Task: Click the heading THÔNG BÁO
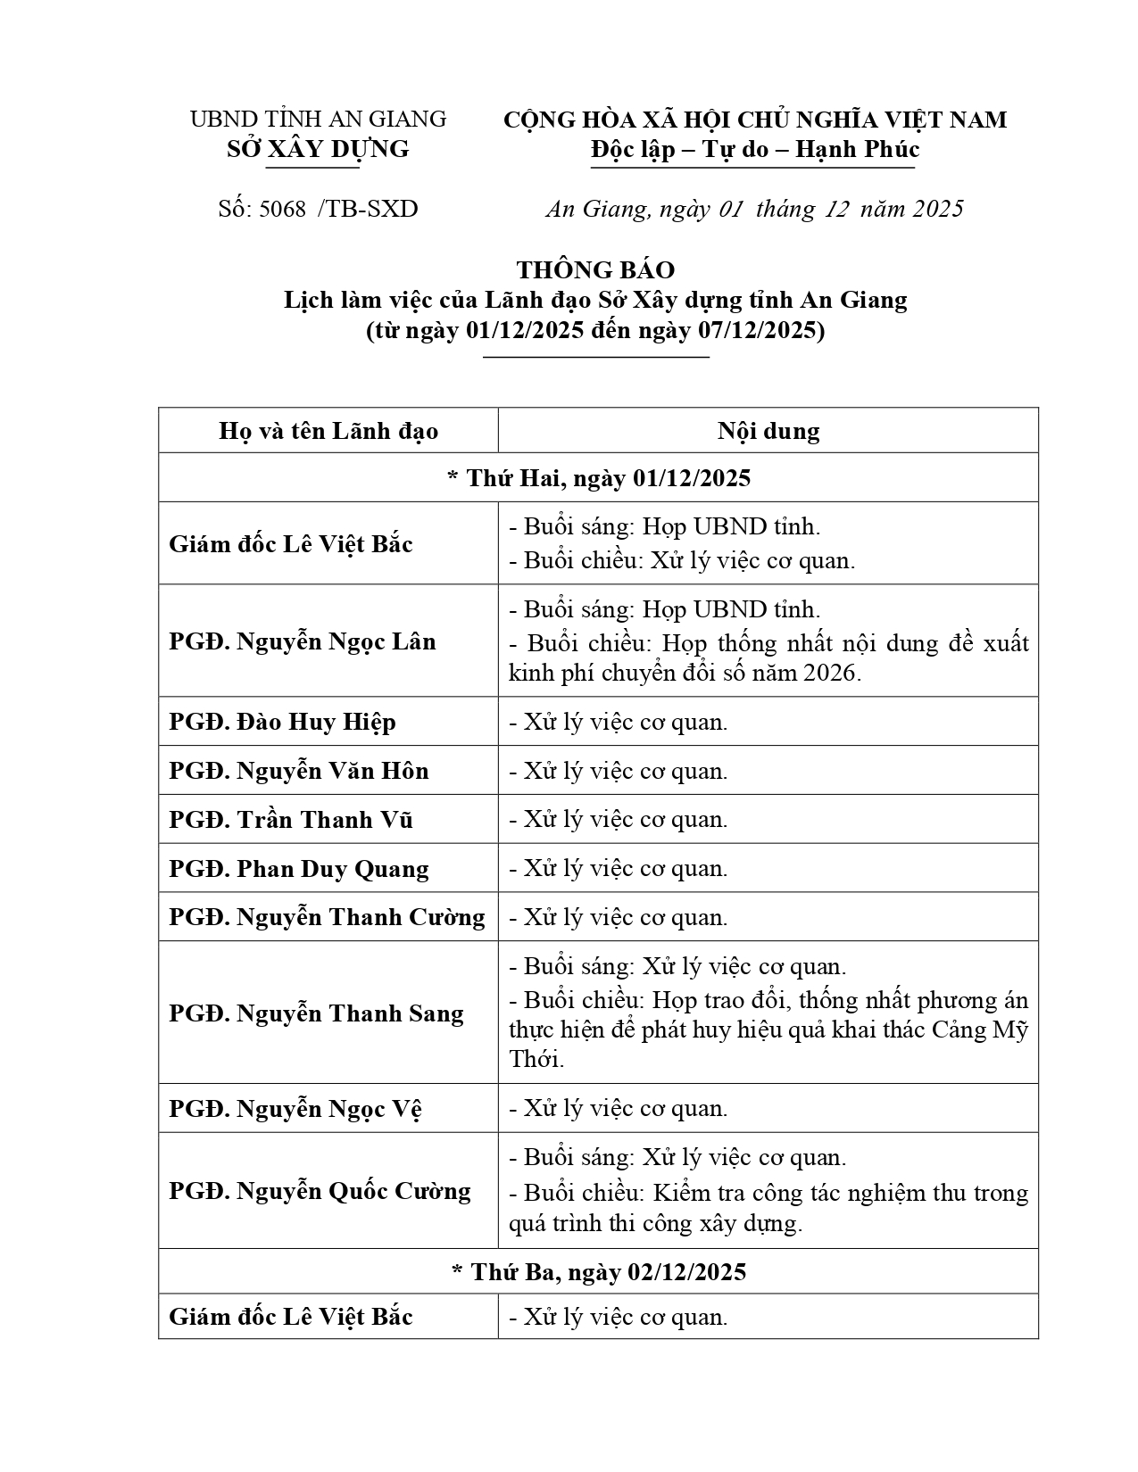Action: (595, 269)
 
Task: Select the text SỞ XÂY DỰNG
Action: (318, 149)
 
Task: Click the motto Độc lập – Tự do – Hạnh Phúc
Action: (754, 149)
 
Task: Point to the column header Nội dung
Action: (768, 432)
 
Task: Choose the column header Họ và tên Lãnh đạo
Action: (328, 432)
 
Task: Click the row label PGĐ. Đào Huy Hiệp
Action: (282, 722)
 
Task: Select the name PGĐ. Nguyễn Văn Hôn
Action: (298, 771)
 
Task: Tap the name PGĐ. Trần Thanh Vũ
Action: (290, 820)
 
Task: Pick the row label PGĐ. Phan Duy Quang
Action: (298, 869)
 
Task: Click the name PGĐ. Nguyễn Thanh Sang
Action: (316, 1013)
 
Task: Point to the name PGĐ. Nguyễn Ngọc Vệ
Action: (295, 1109)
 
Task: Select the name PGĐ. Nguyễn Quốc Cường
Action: (320, 1191)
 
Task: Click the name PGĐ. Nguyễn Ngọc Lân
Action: (302, 641)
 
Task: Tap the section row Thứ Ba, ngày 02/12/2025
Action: (598, 1271)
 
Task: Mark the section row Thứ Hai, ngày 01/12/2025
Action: (598, 478)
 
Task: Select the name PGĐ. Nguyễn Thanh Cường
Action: (327, 917)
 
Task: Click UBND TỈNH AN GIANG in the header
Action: (318, 119)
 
